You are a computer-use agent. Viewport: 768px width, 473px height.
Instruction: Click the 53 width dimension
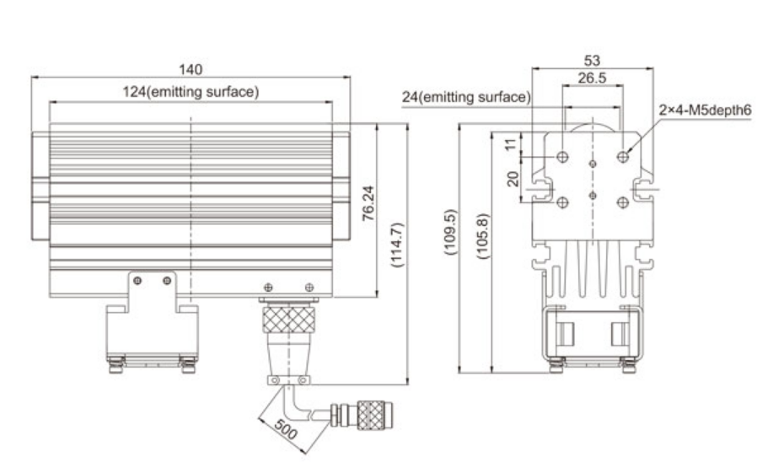[x=593, y=61]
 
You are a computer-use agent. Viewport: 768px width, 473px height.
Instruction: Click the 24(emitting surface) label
[x=465, y=98]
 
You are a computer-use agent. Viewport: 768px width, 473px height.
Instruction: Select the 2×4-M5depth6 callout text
[x=705, y=110]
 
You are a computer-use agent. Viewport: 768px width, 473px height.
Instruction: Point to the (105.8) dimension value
[x=483, y=232]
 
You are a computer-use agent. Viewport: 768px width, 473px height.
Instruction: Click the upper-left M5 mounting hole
[x=563, y=157]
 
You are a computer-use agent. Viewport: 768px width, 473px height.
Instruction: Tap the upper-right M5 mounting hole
[x=623, y=157]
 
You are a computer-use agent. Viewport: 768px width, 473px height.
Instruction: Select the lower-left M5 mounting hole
[x=563, y=202]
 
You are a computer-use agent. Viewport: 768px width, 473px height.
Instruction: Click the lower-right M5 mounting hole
[x=623, y=202]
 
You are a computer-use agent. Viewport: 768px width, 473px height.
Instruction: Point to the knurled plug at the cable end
[x=368, y=414]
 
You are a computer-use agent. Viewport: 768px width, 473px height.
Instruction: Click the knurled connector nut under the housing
[x=286, y=320]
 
